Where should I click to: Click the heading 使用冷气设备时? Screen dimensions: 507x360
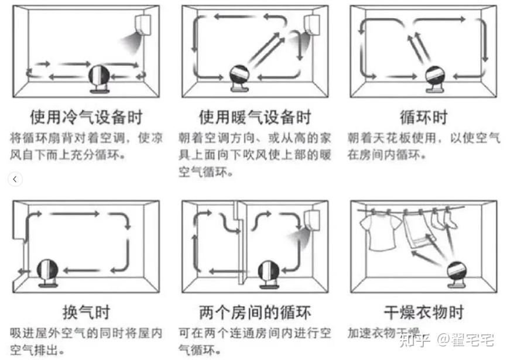pos(85,116)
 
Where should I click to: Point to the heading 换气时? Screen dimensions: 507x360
pos(85,311)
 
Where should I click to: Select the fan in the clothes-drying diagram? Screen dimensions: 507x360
pos(458,274)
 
